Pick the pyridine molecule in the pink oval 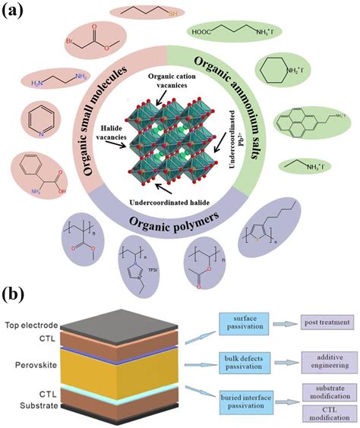33,120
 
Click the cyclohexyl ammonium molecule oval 284,74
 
